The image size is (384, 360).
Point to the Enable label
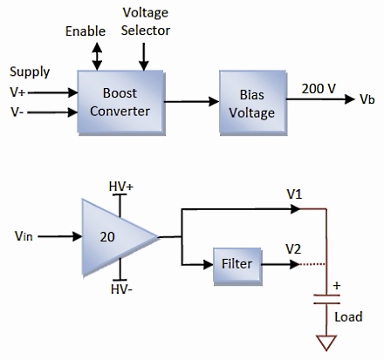click(86, 31)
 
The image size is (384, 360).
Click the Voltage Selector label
click(146, 24)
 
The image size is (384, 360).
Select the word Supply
click(30, 71)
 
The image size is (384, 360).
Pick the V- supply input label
click(17, 112)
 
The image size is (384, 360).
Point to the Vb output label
click(367, 100)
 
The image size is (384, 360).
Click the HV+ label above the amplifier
click(121, 187)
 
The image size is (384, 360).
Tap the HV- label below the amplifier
click(121, 289)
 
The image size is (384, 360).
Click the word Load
click(349, 316)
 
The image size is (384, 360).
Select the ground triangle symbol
click(327, 345)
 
